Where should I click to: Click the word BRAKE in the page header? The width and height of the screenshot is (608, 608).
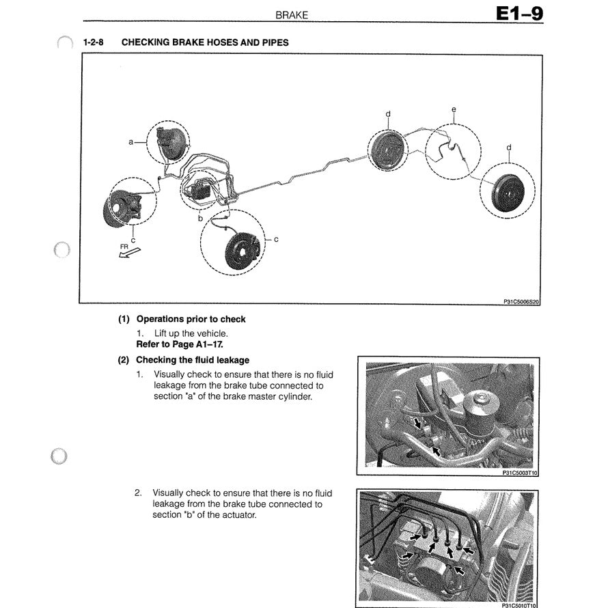[292, 14]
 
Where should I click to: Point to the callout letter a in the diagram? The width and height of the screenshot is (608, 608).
[130, 142]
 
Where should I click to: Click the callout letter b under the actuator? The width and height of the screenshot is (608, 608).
[200, 218]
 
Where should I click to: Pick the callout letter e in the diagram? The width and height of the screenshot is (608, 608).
[454, 109]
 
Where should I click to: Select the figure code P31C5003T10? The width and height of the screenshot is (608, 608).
[516, 471]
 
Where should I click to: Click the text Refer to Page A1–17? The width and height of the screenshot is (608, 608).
[180, 344]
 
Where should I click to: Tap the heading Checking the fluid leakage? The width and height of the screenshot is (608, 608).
[193, 360]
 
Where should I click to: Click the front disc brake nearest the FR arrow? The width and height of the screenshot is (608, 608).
[125, 205]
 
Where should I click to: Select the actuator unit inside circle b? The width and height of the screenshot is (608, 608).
[203, 189]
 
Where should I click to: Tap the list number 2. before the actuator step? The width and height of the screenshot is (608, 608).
[139, 492]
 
